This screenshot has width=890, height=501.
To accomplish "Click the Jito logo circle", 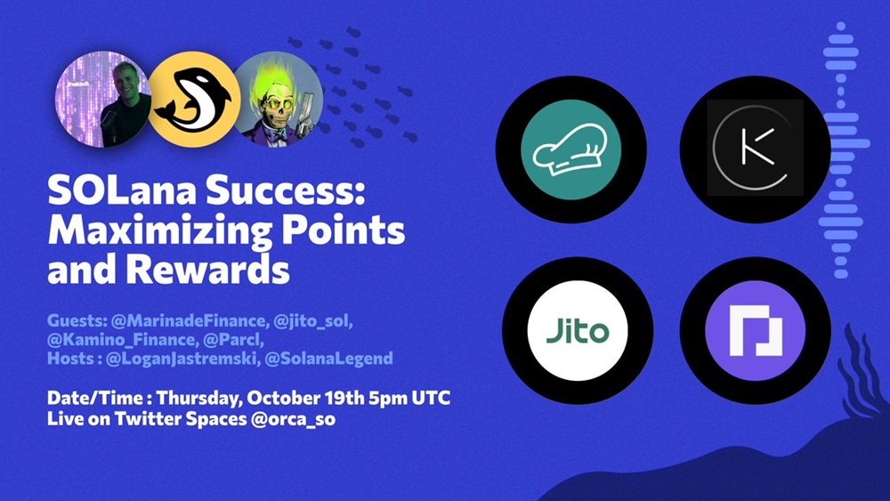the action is click(578, 330).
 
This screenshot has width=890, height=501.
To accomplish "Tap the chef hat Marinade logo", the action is click(570, 149).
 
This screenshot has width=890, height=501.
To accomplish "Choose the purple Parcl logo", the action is click(755, 330).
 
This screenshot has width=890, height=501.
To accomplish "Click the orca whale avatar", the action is click(194, 100).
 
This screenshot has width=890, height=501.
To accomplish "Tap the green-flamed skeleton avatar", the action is click(278, 100).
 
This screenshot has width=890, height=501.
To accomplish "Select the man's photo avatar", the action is click(103, 100).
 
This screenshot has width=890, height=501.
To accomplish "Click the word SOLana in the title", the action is click(122, 190).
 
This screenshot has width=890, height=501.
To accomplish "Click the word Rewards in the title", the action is click(207, 269).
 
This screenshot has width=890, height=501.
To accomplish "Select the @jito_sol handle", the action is click(312, 322).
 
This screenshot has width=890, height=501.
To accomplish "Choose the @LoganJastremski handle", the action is click(181, 360).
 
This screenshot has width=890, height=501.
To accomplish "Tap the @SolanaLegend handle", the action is click(328, 359).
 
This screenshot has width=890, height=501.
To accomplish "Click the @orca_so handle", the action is click(293, 419).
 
